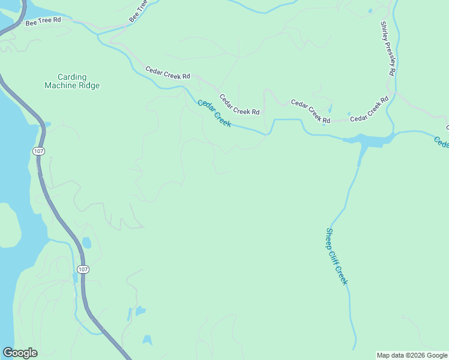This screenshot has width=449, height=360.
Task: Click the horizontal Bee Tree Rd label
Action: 43,22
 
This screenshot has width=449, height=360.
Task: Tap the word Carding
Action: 72,77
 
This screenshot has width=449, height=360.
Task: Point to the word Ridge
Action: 88,86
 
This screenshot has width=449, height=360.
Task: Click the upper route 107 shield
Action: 39,151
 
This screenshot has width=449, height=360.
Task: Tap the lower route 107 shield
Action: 83,269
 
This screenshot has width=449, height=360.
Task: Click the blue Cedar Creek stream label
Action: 215,112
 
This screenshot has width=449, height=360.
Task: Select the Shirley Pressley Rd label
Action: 388,48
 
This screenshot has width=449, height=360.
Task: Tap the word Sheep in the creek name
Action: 330,238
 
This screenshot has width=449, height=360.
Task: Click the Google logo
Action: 20,353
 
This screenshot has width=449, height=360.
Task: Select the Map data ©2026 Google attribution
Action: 412,355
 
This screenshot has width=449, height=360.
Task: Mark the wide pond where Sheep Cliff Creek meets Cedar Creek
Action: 369,140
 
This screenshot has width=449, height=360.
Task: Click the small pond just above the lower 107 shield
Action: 86,243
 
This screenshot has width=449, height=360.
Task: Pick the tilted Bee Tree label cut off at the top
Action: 137,11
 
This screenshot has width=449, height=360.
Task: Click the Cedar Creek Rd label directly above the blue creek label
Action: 239,104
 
